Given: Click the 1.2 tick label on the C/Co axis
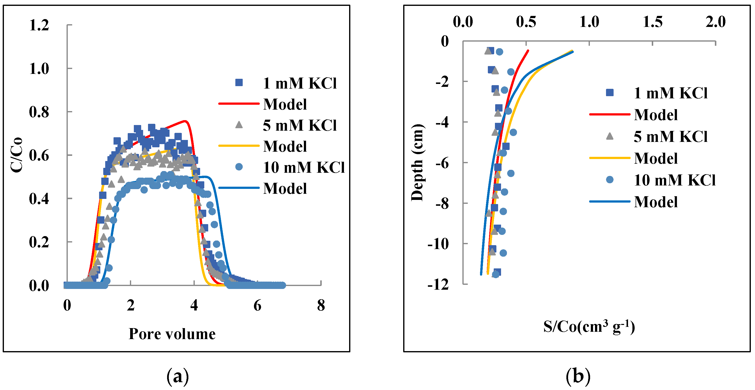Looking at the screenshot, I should pyautogui.click(x=39, y=25).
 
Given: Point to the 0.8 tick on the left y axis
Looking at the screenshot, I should pyautogui.click(x=39, y=112).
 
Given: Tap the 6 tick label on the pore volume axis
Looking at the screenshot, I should pyautogui.click(x=257, y=306).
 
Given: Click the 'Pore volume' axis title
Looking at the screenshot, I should pyautogui.click(x=172, y=334).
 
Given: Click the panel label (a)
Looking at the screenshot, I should pyautogui.click(x=177, y=376).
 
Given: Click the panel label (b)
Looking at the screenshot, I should pyautogui.click(x=578, y=376).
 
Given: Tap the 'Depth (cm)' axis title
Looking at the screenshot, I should pyautogui.click(x=417, y=163).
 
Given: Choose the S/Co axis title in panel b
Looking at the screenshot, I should pyautogui.click(x=589, y=327).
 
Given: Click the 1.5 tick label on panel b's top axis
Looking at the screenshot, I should pyautogui.click(x=652, y=22).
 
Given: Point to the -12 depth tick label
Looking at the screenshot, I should pyautogui.click(x=438, y=284).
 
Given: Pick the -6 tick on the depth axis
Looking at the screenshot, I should pyautogui.click(x=442, y=163).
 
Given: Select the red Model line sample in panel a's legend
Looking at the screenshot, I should pyautogui.click(x=239, y=104).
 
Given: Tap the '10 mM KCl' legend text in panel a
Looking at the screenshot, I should pyautogui.click(x=304, y=168).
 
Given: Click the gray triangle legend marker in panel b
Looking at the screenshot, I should pyautogui.click(x=610, y=136).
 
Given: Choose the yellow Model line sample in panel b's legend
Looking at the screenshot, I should pyautogui.click(x=610, y=158).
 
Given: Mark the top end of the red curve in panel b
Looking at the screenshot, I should pyautogui.click(x=528, y=50).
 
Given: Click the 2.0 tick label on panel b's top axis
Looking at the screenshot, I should pyautogui.click(x=715, y=22).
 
